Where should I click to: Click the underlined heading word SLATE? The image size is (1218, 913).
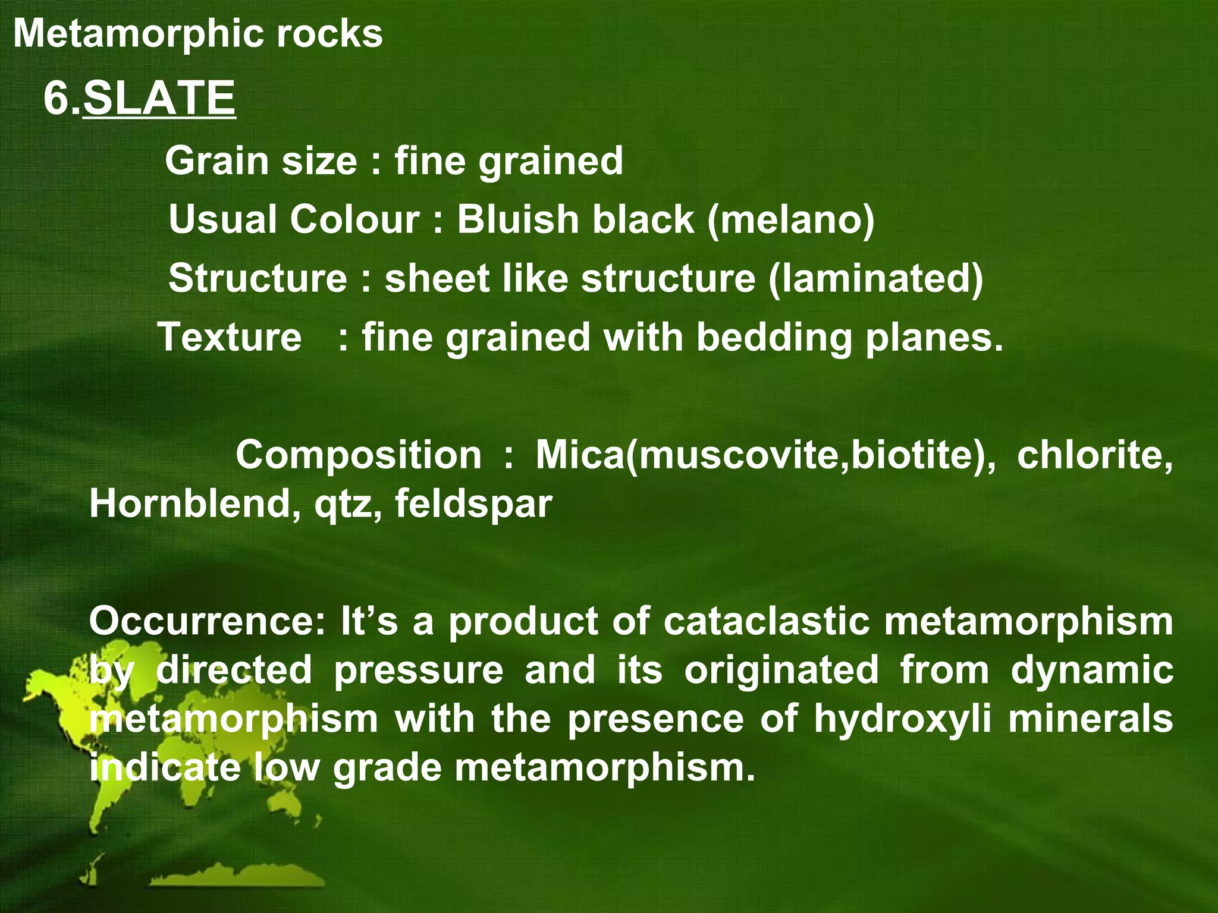tap(159, 98)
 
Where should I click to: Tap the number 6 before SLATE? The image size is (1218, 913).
tap(56, 98)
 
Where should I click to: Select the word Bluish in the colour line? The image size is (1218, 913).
tap(516, 219)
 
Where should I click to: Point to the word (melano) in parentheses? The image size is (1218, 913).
tap(790, 219)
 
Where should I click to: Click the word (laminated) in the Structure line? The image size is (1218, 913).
tap(875, 278)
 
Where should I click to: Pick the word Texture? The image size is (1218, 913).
tap(230, 337)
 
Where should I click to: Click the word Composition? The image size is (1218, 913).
tap(359, 455)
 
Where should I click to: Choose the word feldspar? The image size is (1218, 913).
tap(473, 504)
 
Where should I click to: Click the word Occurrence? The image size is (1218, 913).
tap(208, 621)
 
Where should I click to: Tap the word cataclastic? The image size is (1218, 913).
tap(766, 621)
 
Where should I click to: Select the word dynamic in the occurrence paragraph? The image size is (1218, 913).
tap(1092, 670)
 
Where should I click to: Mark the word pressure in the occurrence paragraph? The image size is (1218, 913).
tap(418, 670)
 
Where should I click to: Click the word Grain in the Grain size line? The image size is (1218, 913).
tap(217, 161)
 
